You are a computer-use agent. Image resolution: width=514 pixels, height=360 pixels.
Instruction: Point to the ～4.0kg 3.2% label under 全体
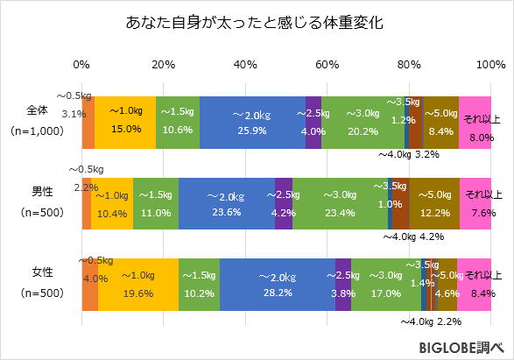tap(408, 154)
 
